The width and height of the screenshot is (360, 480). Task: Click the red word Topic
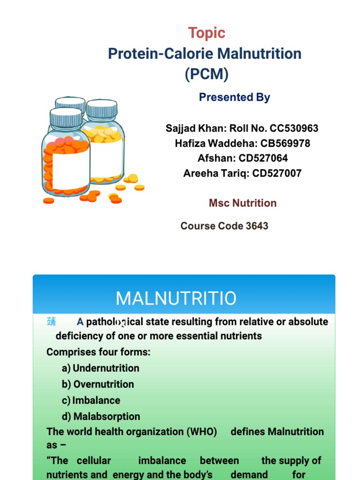click(x=206, y=33)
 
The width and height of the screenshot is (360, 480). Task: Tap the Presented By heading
click(x=234, y=97)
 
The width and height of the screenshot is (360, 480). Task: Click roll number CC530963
click(x=294, y=128)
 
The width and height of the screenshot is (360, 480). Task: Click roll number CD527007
click(x=277, y=173)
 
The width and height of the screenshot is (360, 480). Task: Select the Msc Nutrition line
click(x=242, y=203)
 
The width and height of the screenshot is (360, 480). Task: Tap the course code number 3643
click(x=257, y=226)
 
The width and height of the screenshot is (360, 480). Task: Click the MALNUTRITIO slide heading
click(x=176, y=298)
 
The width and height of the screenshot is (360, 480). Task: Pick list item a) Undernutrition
click(x=101, y=368)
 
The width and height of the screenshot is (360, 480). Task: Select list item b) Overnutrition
click(x=98, y=384)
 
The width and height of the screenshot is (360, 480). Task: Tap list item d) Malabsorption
click(x=101, y=416)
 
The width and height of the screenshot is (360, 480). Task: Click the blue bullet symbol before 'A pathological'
click(x=51, y=322)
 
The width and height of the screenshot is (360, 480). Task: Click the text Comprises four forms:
click(x=98, y=352)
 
